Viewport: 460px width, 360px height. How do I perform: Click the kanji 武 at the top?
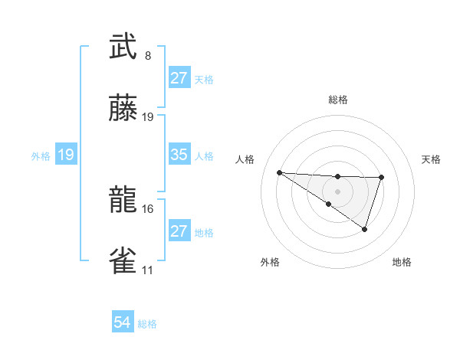point(123,47)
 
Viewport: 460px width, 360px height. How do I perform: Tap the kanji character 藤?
point(123,109)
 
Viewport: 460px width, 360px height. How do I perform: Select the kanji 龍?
point(123,200)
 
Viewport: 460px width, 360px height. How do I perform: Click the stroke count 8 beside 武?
point(148,56)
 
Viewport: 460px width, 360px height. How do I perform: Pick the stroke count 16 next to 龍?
point(148,208)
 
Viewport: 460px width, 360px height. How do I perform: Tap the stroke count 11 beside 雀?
point(148,270)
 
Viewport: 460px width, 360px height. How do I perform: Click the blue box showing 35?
point(179,155)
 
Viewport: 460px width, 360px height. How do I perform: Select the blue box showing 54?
point(123,323)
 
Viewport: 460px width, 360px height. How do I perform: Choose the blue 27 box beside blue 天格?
point(179,78)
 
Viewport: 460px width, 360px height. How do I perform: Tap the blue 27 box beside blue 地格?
point(179,231)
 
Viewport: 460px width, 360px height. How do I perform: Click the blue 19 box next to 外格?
point(66,155)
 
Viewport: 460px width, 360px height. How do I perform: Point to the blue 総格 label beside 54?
point(147,324)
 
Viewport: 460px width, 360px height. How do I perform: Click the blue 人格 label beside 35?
point(204,155)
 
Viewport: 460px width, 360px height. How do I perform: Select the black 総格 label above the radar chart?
point(337,100)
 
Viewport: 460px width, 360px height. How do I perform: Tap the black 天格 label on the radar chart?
point(431,159)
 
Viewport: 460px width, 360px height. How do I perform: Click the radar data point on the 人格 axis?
point(280,172)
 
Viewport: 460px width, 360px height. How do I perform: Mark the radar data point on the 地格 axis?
point(365,229)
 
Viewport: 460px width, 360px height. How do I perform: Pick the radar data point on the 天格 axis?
point(381,178)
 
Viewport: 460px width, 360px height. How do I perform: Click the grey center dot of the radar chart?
point(337,191)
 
